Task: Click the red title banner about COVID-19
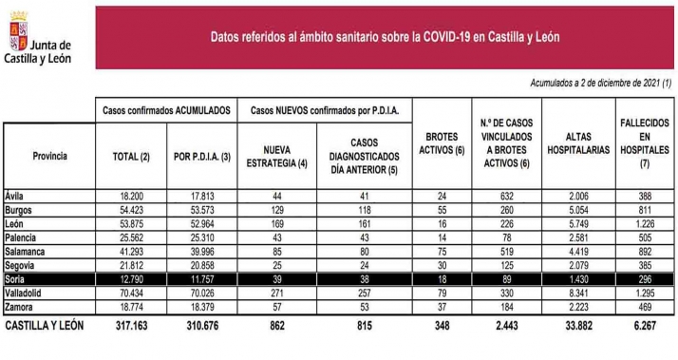click(x=385, y=37)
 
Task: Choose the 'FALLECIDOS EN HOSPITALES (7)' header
click(x=646, y=142)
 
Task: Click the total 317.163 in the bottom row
click(x=130, y=325)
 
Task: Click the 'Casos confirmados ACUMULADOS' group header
click(x=167, y=111)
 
